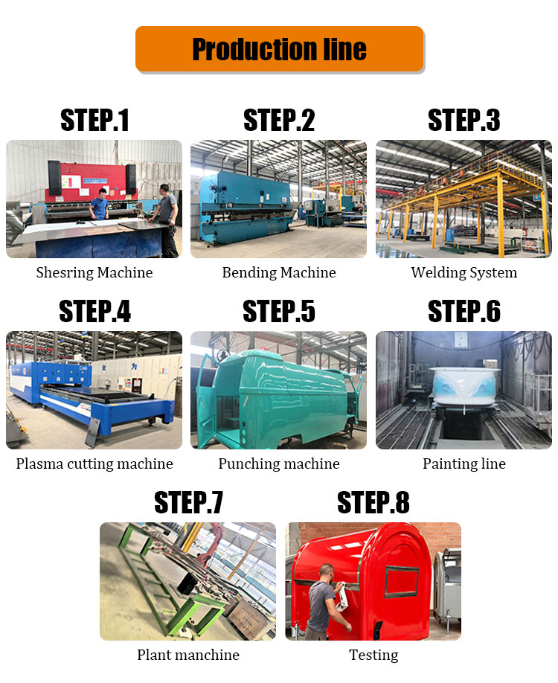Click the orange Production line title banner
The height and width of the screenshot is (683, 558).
click(279, 49)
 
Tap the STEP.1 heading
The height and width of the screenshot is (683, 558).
click(94, 121)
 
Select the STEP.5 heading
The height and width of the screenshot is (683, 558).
click(279, 312)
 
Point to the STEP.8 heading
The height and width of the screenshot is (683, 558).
click(373, 503)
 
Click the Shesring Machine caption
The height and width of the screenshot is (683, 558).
click(94, 272)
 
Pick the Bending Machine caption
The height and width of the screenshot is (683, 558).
click(279, 272)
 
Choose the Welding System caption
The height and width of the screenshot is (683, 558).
click(464, 272)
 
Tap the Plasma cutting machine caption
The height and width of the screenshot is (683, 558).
click(94, 464)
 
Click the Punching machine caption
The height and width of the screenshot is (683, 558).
click(279, 464)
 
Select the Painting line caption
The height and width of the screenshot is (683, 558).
click(464, 464)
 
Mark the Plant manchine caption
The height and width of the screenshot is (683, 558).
click(188, 655)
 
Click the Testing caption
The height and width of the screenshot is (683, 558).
click(373, 655)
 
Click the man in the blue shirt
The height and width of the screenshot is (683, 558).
click(100, 204)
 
